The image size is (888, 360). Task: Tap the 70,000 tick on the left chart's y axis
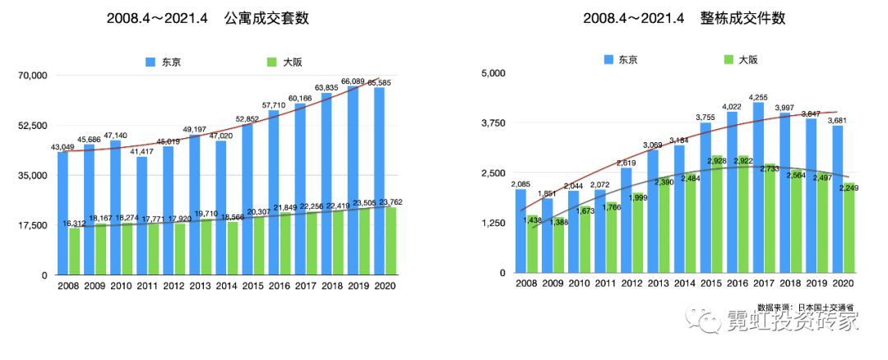tap(32, 76)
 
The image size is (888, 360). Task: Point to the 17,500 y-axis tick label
tap(32, 225)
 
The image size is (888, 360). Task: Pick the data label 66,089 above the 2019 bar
tap(353, 82)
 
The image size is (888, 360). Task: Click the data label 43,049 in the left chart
tap(63, 147)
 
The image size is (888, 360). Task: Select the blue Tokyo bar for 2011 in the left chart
tap(142, 215)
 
